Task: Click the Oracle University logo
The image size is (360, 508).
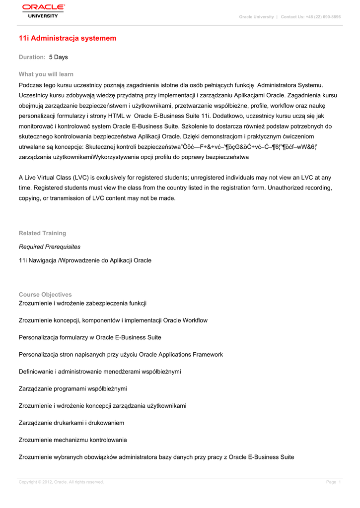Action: click(x=43, y=10)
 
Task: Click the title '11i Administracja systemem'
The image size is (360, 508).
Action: click(x=68, y=38)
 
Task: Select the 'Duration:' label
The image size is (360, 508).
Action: click(x=32, y=57)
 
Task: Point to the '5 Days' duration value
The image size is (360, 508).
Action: click(x=58, y=57)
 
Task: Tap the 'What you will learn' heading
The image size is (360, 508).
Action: click(x=46, y=74)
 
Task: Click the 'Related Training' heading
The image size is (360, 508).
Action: click(x=42, y=233)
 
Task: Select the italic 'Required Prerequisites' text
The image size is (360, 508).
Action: click(x=50, y=247)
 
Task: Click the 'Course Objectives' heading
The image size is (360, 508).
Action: click(x=45, y=295)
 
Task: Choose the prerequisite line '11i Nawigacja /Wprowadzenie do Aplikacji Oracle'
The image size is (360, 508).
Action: click(x=85, y=260)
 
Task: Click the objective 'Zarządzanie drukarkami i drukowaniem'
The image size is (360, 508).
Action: click(x=72, y=423)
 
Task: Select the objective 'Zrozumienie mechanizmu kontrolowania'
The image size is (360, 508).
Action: click(x=73, y=440)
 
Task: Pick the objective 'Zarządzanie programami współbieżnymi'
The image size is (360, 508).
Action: click(x=73, y=389)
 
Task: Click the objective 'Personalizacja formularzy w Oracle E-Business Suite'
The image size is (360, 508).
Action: click(x=90, y=337)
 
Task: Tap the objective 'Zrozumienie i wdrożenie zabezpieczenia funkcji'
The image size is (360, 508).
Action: click(x=82, y=303)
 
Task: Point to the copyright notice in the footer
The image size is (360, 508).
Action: click(x=61, y=482)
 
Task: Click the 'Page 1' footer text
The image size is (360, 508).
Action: click(x=333, y=482)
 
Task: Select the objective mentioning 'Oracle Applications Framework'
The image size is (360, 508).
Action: click(x=121, y=355)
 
